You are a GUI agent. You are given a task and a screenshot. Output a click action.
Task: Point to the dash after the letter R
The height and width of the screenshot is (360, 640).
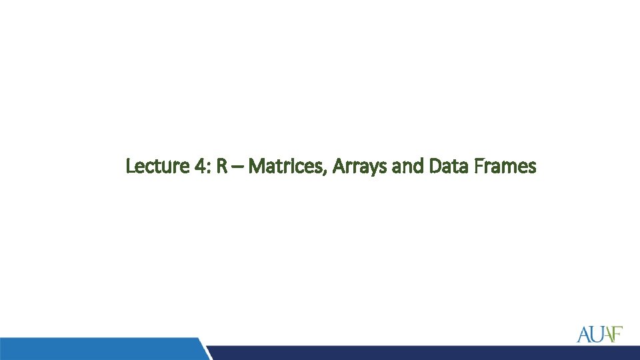coord(237,167)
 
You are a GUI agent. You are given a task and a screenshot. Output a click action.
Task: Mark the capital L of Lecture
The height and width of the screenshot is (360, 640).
coord(131,166)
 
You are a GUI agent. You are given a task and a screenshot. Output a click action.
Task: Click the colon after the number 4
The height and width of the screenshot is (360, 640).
coord(207,168)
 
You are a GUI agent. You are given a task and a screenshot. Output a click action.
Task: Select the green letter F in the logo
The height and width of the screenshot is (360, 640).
coord(617,333)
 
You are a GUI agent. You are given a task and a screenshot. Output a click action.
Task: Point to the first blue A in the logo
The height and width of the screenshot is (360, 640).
coord(583,333)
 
